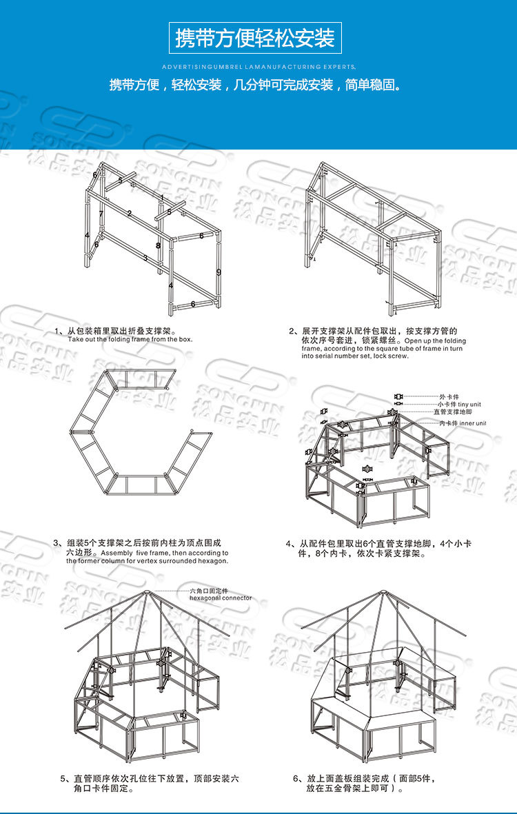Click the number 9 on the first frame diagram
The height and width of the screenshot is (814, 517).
point(218,272)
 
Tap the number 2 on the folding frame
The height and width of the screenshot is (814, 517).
point(130,213)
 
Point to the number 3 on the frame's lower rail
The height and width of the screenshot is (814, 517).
point(145,258)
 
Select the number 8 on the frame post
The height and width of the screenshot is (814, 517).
point(158,245)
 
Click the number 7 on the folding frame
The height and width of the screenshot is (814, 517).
point(101,214)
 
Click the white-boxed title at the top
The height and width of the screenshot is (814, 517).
point(256,37)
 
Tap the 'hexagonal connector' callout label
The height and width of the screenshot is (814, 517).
point(221,598)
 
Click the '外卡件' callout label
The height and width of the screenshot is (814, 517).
point(447,397)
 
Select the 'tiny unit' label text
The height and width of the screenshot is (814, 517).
point(475,404)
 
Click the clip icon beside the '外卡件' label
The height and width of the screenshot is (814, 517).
point(398,397)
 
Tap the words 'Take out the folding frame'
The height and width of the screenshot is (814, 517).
point(110,339)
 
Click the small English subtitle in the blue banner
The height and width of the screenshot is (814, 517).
point(258,68)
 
